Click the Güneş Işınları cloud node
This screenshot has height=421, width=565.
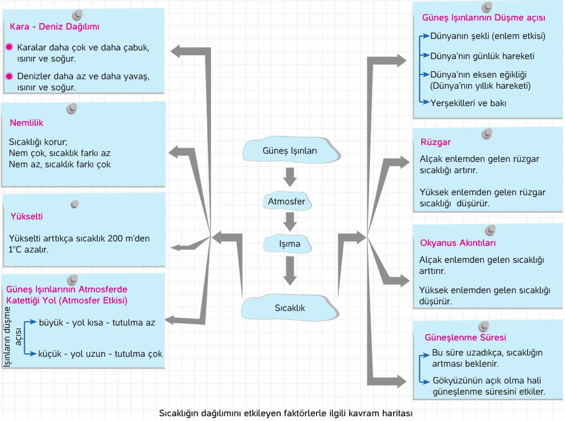(291, 150)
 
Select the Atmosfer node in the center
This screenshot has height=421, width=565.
(287, 201)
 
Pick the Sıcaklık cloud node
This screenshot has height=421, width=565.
(290, 307)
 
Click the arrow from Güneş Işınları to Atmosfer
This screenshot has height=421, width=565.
(290, 176)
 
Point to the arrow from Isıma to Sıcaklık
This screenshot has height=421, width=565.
(290, 271)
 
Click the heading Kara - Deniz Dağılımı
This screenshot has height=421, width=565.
(54, 27)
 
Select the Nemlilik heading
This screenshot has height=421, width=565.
(26, 123)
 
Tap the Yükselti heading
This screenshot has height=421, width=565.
(26, 216)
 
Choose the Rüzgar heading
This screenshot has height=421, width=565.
(435, 142)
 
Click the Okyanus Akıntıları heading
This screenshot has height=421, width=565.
(458, 243)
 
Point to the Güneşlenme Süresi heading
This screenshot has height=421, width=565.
(465, 337)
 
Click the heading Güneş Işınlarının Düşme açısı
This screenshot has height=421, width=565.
(484, 18)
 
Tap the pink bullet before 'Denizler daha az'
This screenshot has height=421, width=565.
(9, 76)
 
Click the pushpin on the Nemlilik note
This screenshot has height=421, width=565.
(72, 109)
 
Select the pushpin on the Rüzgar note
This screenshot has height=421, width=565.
(487, 134)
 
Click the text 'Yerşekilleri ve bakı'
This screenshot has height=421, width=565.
(468, 103)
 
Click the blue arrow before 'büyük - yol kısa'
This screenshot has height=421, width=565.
(31, 322)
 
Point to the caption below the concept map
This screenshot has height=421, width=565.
(286, 413)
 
